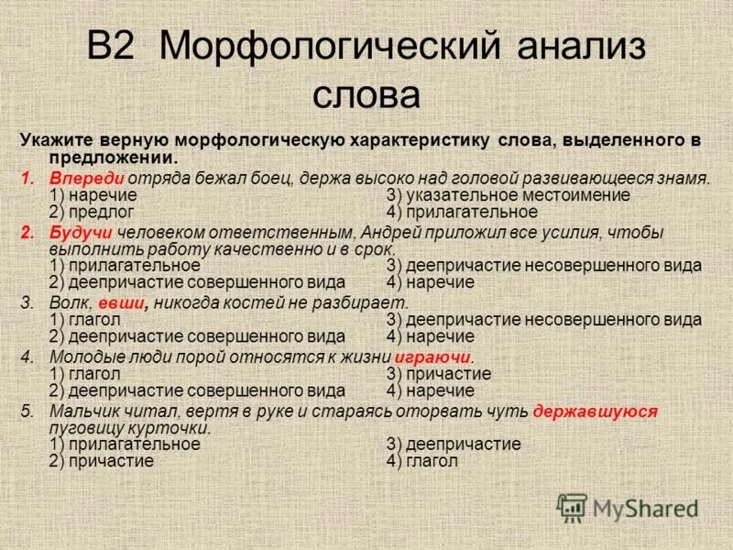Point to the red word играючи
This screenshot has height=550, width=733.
click(433, 357)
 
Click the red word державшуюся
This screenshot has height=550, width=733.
click(596, 411)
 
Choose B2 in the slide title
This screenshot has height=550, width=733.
click(118, 49)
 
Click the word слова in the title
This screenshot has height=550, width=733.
click(366, 94)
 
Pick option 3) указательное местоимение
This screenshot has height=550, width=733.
click(509, 194)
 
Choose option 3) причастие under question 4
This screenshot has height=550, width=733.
click(439, 373)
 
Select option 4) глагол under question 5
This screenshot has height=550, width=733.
click(422, 461)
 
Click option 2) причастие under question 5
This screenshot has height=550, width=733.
click(101, 461)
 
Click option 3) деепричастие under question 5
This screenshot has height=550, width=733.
click(454, 444)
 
